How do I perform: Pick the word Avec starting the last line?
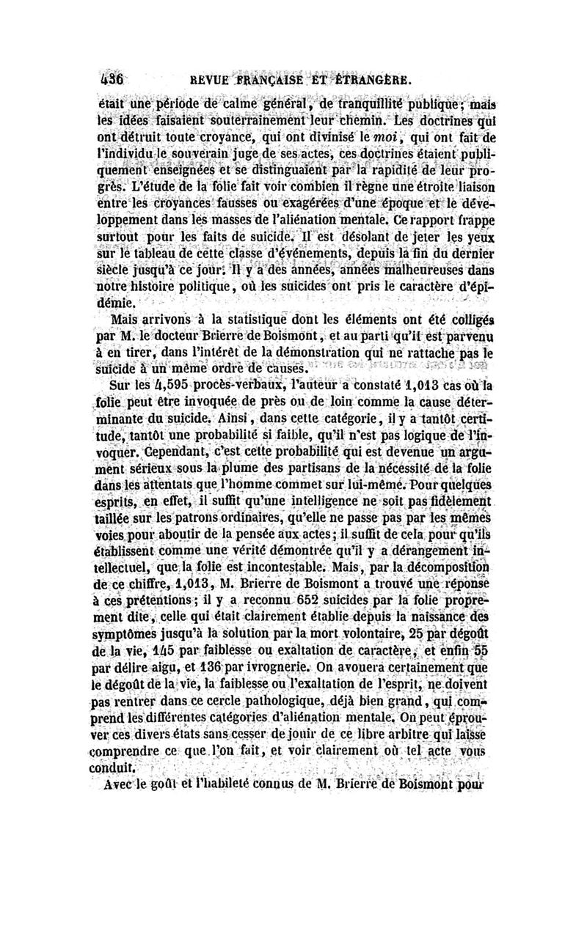[x=125, y=784]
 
